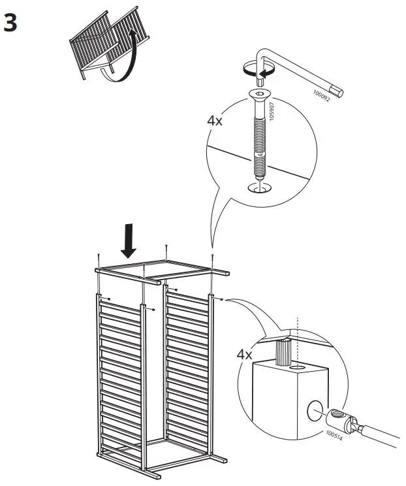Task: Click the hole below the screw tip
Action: (x=260, y=189)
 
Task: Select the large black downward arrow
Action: (x=129, y=240)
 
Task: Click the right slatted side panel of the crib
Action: (x=188, y=366)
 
